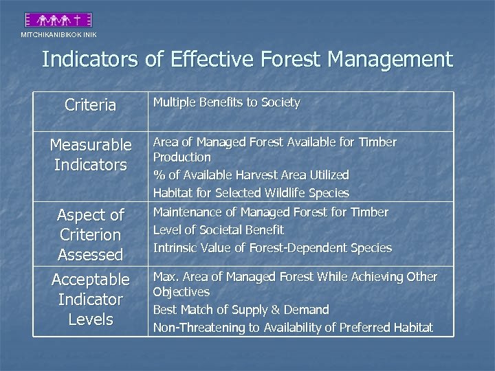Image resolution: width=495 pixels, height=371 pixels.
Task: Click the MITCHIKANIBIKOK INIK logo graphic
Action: click(x=58, y=20)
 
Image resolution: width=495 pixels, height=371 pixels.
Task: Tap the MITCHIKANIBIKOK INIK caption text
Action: click(x=58, y=34)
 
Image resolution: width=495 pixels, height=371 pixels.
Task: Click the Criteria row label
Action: click(x=90, y=105)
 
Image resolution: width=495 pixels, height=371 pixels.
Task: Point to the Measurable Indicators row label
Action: click(x=90, y=155)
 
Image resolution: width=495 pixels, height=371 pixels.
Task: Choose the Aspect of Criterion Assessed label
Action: click(x=90, y=234)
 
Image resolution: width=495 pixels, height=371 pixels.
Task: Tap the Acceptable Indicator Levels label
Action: click(x=90, y=300)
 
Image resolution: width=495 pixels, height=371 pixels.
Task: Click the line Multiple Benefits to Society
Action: click(x=226, y=103)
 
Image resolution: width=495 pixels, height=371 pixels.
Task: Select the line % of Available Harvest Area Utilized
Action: click(x=251, y=175)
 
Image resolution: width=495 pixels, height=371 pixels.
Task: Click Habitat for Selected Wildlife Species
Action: click(x=251, y=193)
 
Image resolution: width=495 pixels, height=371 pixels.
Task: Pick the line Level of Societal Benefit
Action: click(x=218, y=230)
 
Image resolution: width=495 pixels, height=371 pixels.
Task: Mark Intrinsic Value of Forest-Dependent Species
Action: click(x=272, y=248)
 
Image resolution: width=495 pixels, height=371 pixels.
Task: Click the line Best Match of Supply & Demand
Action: click(x=241, y=310)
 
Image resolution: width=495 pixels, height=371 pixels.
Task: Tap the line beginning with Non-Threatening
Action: click(x=293, y=328)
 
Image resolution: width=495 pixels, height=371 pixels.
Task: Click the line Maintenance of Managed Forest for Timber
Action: click(x=270, y=212)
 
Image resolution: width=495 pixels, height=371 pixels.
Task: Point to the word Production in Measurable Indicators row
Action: click(x=181, y=157)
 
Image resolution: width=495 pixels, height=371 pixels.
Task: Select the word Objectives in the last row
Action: click(x=181, y=291)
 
